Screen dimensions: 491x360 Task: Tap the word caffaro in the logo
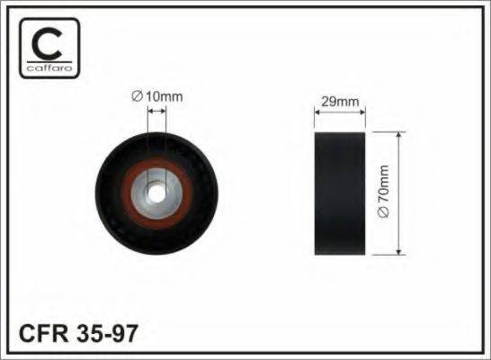coord(49,68)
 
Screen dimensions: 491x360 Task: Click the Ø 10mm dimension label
coord(157,96)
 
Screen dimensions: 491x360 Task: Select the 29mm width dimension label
coord(340,102)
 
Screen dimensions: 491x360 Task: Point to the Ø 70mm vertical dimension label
coord(383,192)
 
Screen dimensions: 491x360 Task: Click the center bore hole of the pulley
coord(156,193)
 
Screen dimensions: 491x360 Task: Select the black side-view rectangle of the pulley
coord(340,193)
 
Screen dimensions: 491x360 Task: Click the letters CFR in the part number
coord(44,333)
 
